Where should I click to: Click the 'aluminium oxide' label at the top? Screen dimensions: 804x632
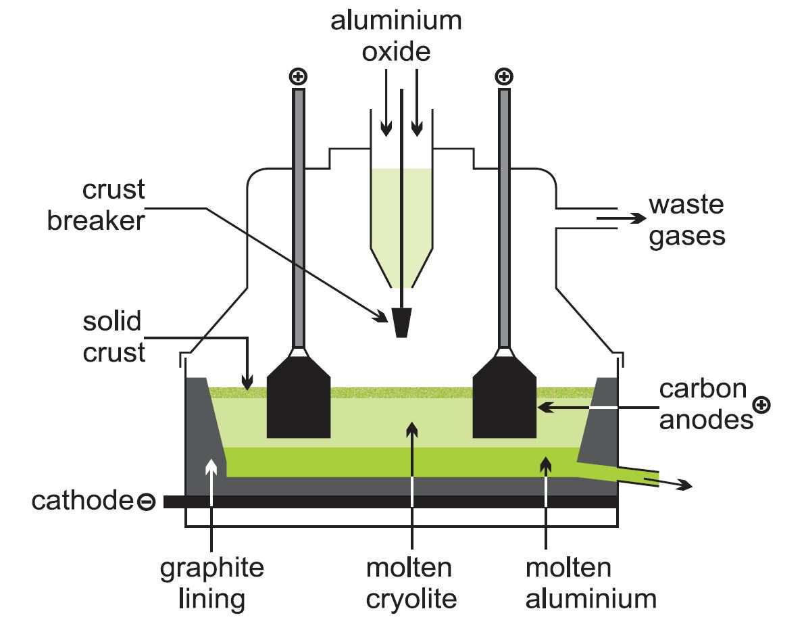pyautogui.click(x=396, y=37)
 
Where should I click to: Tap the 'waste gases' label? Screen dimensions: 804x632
pyautogui.click(x=686, y=220)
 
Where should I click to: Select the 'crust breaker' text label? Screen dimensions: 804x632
pyautogui.click(x=97, y=205)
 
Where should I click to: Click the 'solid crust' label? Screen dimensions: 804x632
pyautogui.click(x=114, y=337)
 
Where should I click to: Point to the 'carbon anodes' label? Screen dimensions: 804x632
pyautogui.click(x=706, y=404)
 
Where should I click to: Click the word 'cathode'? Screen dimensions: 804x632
pyautogui.click(x=82, y=500)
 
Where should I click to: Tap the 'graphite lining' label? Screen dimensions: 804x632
pyautogui.click(x=211, y=584)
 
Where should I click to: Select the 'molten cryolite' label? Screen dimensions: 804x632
pyautogui.click(x=411, y=583)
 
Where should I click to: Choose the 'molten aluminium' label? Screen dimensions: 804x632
pyautogui.click(x=591, y=583)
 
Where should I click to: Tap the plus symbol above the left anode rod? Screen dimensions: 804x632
pyautogui.click(x=299, y=77)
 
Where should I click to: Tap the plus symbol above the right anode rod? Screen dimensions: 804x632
pyautogui.click(x=504, y=77)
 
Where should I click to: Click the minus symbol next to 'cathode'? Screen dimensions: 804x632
pyautogui.click(x=146, y=501)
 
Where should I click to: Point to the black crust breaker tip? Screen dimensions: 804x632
pyautogui.click(x=401, y=322)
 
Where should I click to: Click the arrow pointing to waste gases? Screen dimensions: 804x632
pyautogui.click(x=622, y=218)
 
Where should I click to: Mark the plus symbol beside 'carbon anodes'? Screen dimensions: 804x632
pyautogui.click(x=762, y=405)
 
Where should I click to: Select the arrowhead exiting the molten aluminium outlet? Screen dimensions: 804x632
pyautogui.click(x=685, y=484)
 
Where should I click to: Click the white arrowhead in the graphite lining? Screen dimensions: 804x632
pyautogui.click(x=211, y=467)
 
